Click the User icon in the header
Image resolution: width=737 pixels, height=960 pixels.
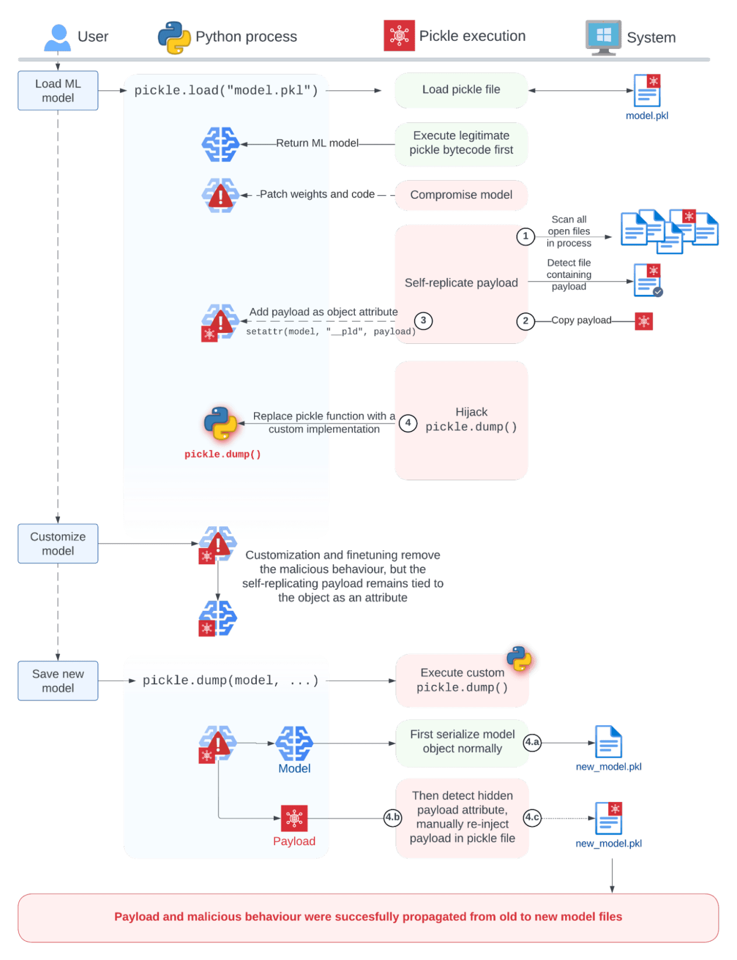(x=57, y=37)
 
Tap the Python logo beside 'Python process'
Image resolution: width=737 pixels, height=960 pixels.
(x=174, y=37)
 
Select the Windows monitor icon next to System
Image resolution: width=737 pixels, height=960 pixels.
(x=603, y=37)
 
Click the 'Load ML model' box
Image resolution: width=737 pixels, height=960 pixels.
(x=58, y=90)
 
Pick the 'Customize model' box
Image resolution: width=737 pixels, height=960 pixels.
(x=58, y=543)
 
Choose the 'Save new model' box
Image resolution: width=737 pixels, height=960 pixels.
(x=58, y=680)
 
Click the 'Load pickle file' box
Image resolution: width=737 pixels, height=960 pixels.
(x=461, y=90)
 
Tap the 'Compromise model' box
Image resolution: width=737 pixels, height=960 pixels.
(x=461, y=195)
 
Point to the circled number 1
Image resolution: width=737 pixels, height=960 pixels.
(x=526, y=236)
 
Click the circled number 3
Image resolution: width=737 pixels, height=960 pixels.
(x=424, y=320)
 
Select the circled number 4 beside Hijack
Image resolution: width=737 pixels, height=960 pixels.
(x=408, y=423)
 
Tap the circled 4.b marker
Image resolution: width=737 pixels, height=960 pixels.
(x=393, y=817)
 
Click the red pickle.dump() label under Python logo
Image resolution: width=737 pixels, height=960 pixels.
(x=223, y=454)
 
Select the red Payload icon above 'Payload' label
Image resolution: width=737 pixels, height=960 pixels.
(x=294, y=818)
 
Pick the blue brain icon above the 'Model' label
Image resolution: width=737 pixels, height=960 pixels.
(x=294, y=743)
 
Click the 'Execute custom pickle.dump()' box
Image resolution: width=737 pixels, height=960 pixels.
(x=462, y=680)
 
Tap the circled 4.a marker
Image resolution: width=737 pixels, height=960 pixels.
(x=532, y=742)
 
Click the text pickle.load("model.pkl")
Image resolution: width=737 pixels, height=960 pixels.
(x=226, y=90)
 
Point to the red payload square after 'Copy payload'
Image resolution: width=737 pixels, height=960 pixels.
(x=644, y=321)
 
